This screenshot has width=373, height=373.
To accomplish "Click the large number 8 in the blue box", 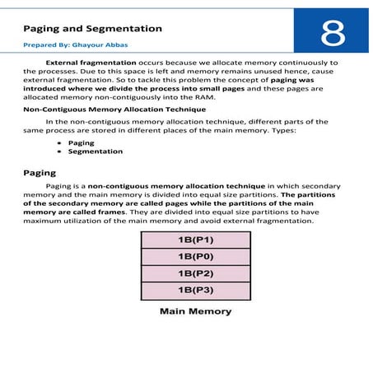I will click(333, 32).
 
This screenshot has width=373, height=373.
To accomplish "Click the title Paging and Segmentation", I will click(91, 29).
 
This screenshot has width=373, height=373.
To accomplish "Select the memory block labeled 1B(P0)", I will click(194, 255).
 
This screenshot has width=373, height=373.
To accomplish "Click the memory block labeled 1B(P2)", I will click(194, 273).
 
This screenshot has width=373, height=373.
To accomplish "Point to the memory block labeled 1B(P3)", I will click(194, 290).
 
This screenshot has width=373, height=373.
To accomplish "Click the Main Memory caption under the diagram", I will click(194, 312).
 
